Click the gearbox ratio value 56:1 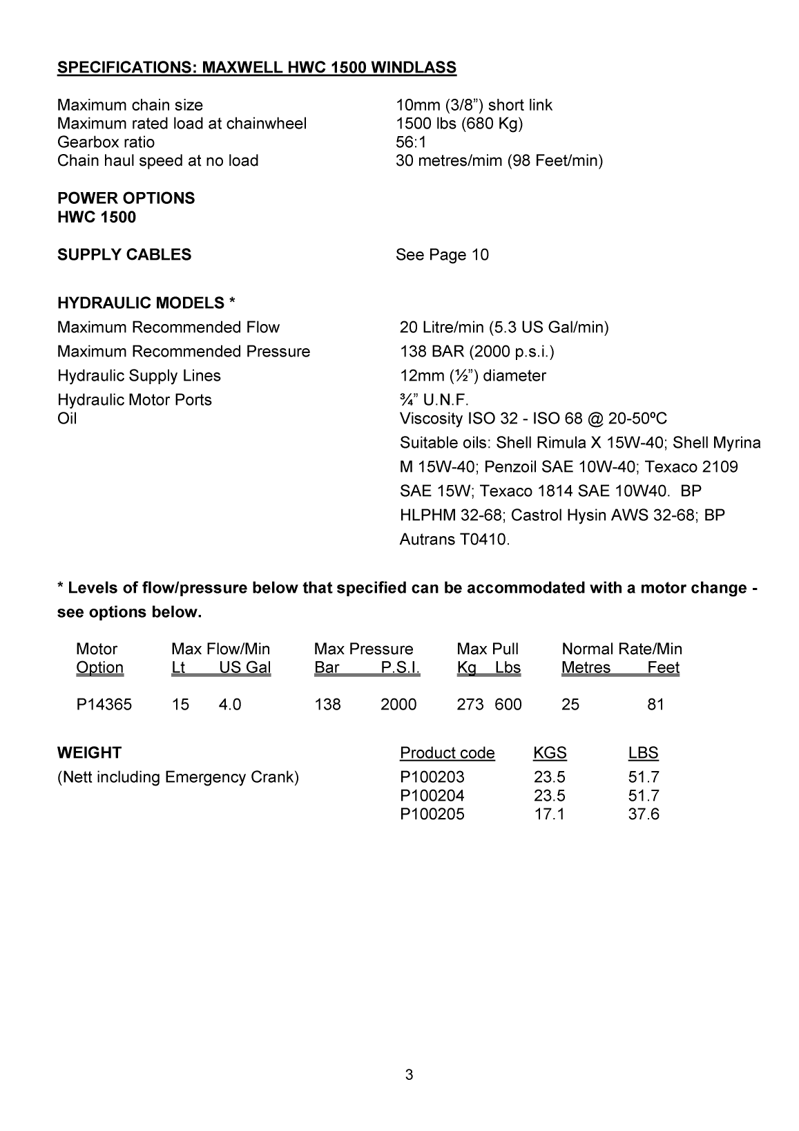click(x=411, y=142)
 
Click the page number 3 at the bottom click(x=410, y=1074)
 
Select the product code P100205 click(x=432, y=814)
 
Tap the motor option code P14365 click(x=104, y=705)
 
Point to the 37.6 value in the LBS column click(x=644, y=814)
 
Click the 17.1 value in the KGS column click(x=549, y=814)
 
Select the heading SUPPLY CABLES click(x=124, y=255)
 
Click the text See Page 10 click(x=442, y=255)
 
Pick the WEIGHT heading click(x=89, y=753)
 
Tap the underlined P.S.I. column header click(x=400, y=668)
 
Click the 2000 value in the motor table click(x=398, y=705)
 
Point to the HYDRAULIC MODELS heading click(x=146, y=303)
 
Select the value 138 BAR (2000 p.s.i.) click(x=477, y=352)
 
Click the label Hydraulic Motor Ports click(x=135, y=400)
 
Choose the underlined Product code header click(x=447, y=753)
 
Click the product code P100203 click(x=432, y=777)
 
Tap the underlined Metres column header click(x=586, y=668)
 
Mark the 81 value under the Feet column click(x=655, y=705)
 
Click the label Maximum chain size click(x=130, y=105)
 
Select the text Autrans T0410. click(x=454, y=540)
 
